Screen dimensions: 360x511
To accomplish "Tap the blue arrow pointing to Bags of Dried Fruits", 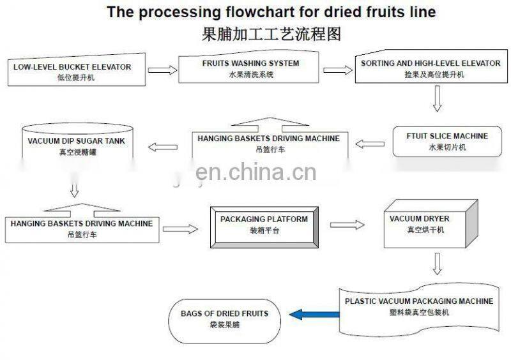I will click(314, 313).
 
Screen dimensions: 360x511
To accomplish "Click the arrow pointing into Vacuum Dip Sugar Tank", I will click(162, 147).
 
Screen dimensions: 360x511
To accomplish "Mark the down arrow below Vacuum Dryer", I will click(438, 263).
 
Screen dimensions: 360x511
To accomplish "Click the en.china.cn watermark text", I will click(256, 172).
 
